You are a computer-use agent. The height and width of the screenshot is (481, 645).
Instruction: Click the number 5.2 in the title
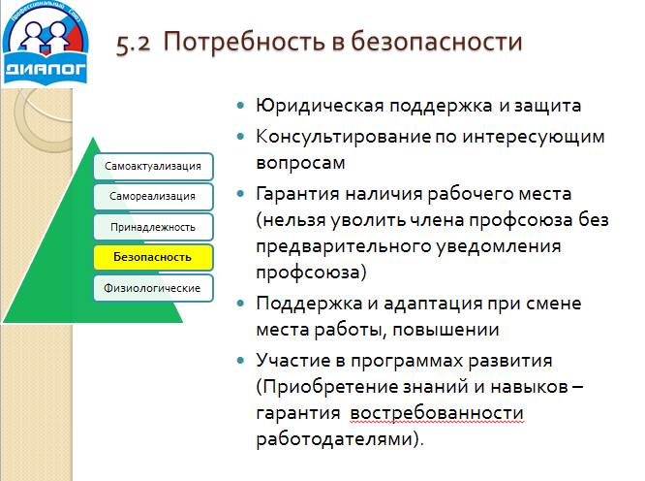click(134, 43)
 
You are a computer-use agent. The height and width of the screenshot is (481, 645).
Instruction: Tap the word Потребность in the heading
click(232, 43)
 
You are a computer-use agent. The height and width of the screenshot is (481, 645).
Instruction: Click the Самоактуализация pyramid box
click(153, 166)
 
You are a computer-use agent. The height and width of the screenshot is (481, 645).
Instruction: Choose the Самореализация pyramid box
click(153, 196)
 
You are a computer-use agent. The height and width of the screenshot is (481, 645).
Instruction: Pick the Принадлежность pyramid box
click(153, 227)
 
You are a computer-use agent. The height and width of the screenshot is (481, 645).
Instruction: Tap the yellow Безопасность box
click(153, 257)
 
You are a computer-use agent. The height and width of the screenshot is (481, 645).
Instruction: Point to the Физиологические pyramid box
click(153, 288)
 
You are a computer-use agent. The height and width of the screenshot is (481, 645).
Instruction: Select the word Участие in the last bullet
click(293, 360)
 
